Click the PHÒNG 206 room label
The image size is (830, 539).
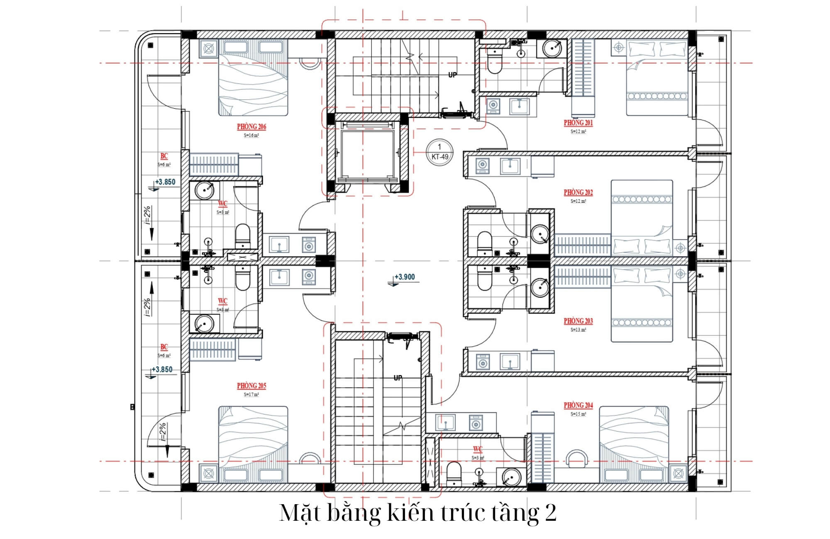[x=251, y=127]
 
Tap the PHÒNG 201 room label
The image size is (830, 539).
[x=578, y=123]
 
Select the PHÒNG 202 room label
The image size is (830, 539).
[x=578, y=192]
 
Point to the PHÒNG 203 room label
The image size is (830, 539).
[x=578, y=321]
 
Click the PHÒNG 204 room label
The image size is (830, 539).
[x=578, y=405]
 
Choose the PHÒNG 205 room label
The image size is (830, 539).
[x=251, y=386]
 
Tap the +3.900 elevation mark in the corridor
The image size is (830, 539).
[x=404, y=277]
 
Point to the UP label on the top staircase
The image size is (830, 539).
[x=452, y=75]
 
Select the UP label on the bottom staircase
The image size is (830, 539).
[x=398, y=378]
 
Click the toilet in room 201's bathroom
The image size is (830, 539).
[x=494, y=62]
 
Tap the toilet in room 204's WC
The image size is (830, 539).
[x=454, y=473]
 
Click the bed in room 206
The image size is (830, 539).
[x=253, y=79]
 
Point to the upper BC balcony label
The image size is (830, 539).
[x=164, y=156]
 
